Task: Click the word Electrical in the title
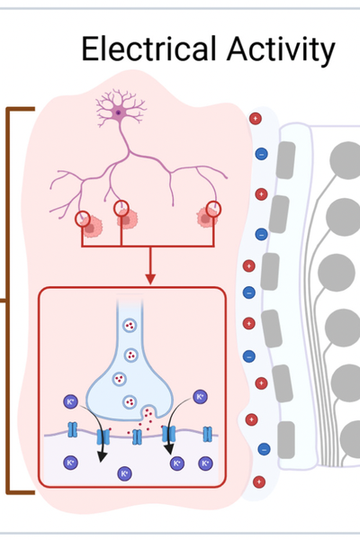(149, 49)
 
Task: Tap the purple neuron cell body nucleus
(119, 112)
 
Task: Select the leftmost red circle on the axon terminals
(83, 219)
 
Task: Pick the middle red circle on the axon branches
(121, 209)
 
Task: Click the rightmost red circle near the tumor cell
(213, 210)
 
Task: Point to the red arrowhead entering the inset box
(150, 279)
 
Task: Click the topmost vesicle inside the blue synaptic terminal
(130, 325)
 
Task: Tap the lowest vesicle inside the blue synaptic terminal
(130, 401)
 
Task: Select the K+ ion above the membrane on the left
(70, 401)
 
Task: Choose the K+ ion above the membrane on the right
(200, 397)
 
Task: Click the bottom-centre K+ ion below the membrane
(124, 473)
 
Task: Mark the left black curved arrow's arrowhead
(102, 456)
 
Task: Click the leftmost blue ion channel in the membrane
(72, 430)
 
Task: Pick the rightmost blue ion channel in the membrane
(207, 434)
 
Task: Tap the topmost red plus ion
(256, 119)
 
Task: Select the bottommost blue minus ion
(264, 449)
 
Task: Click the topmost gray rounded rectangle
(285, 160)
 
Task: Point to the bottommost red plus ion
(259, 481)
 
